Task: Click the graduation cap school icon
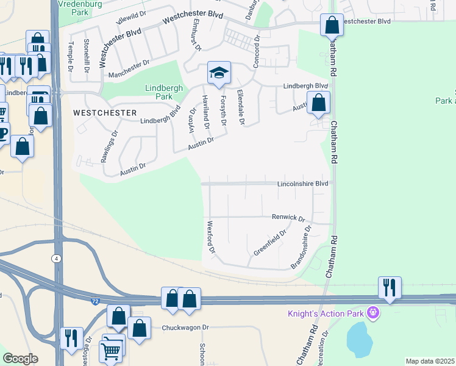click(x=219, y=73)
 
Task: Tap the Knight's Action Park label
click(x=326, y=314)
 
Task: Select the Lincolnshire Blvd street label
click(x=303, y=183)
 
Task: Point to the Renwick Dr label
click(x=288, y=217)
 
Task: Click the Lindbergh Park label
click(x=164, y=92)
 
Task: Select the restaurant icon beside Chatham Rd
click(x=389, y=287)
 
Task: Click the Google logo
click(x=20, y=359)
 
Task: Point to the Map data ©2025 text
click(x=430, y=361)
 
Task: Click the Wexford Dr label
click(x=211, y=237)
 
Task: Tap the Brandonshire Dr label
click(x=302, y=248)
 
